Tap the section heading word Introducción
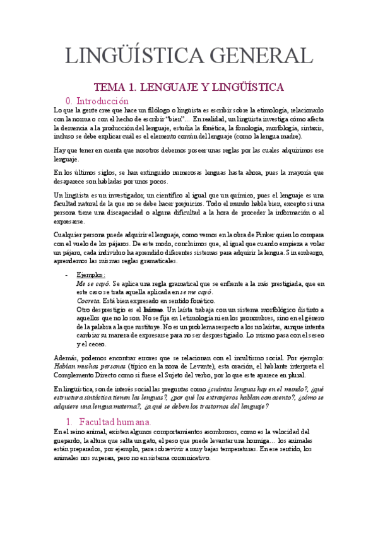[102, 101]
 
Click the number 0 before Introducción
[69, 101]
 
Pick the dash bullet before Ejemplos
[67, 275]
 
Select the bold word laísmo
[153, 310]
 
